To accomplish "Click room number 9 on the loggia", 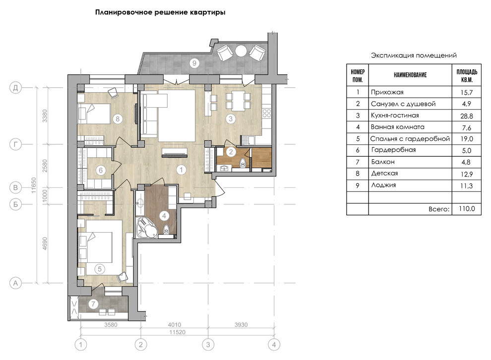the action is click(194, 63).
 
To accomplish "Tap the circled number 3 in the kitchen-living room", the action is click(231, 119).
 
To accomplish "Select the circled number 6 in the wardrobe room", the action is click(101, 170).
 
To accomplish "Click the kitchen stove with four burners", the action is click(267, 113).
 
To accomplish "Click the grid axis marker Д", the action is click(15, 88).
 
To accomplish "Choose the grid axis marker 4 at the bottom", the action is click(274, 345).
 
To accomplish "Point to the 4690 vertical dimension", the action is click(45, 243).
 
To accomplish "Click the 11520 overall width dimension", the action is click(177, 332).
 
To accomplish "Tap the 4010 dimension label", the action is click(174, 325).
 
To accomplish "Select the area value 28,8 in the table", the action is click(467, 116).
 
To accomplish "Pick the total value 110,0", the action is click(467, 209).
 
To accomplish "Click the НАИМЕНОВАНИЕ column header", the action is click(410, 75).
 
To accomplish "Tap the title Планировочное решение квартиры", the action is click(160, 12).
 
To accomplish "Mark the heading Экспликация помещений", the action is click(414, 56).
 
